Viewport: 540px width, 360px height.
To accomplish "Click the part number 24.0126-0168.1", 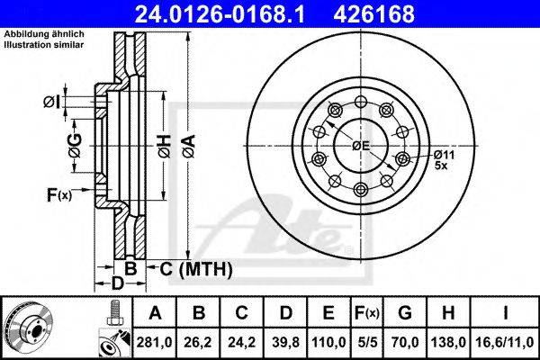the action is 220,14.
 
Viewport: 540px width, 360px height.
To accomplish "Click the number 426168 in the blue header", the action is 373,14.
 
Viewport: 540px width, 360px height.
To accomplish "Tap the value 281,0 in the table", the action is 154,342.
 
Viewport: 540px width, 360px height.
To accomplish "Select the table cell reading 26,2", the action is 198,342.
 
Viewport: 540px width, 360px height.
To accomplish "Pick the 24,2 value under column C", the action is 241,342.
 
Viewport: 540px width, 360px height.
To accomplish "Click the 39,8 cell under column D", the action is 285,342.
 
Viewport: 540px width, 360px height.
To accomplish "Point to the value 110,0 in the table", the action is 328,342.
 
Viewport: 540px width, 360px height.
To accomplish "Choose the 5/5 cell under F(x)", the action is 366,342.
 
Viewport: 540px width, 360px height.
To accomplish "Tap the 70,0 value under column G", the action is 405,342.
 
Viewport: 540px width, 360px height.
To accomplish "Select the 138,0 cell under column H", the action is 448,342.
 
